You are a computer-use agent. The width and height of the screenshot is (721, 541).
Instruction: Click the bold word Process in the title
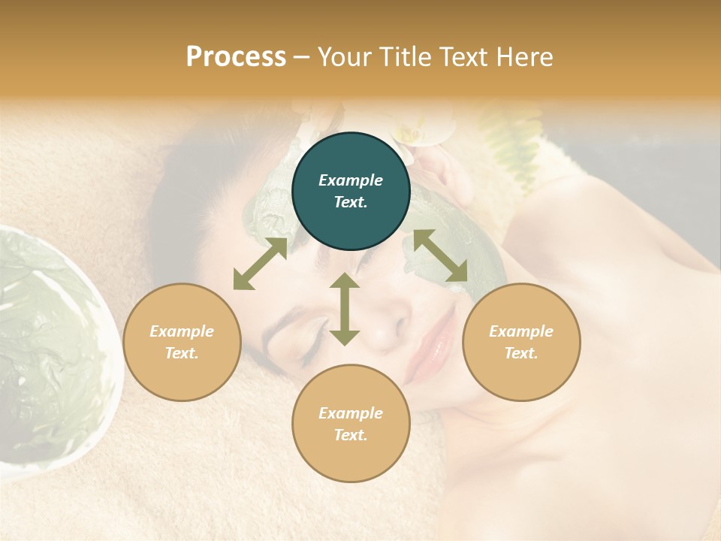point(236,57)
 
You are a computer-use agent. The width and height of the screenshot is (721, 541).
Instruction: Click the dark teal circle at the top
point(351,191)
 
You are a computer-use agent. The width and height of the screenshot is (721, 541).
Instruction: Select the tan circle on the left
point(182,342)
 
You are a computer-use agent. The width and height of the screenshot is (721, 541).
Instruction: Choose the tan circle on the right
point(521,342)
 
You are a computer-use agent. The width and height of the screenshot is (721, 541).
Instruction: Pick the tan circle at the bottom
point(351,424)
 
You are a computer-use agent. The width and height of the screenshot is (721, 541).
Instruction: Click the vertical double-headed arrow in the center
point(345,309)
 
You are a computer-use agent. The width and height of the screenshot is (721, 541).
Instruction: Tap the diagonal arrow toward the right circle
point(441,256)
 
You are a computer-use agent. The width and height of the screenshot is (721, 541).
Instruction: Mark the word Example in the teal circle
point(351,180)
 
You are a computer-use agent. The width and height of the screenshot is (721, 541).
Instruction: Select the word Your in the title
point(345,57)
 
